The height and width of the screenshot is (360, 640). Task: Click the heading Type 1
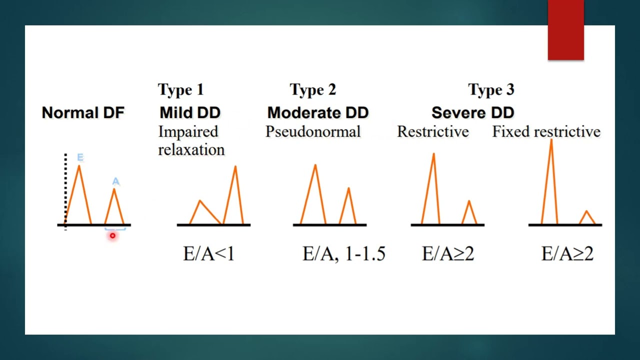180,90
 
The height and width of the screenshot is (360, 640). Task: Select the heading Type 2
313,90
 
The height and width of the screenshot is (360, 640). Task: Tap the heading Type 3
491,90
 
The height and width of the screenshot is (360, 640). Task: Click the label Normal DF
82,113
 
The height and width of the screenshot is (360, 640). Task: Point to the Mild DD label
190,113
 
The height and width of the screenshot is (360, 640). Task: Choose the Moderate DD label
318,113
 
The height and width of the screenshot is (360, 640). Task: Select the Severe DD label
472,113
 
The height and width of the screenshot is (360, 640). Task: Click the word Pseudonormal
313,131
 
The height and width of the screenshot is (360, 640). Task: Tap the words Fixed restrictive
546,131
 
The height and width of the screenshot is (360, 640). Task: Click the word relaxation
191,149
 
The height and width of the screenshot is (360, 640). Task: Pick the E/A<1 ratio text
208,254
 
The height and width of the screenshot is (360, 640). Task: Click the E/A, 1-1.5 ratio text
343,254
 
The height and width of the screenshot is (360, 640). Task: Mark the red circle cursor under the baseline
112,235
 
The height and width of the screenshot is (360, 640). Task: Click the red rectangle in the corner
565,30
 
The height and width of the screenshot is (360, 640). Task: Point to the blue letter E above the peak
80,158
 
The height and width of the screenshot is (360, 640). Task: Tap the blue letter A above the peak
116,181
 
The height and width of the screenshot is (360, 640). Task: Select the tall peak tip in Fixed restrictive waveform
551,141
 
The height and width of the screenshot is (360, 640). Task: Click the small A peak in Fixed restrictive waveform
587,212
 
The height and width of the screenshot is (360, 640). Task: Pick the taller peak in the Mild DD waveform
235,167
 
